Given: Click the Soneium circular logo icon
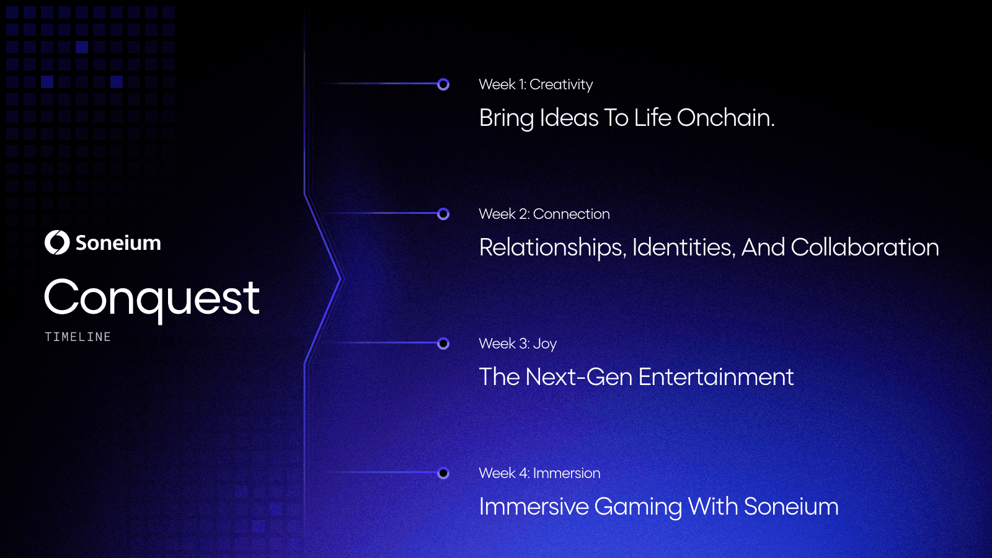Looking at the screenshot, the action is click(57, 242).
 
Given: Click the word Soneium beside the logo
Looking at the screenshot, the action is click(118, 243).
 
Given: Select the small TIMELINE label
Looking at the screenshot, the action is click(77, 337).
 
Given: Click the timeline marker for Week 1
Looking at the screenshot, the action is click(443, 84).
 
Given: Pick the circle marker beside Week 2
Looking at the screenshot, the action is click(443, 214).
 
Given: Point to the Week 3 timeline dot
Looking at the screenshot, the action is click(443, 343).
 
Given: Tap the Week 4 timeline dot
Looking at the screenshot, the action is click(443, 474).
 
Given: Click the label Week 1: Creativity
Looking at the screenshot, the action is click(536, 84).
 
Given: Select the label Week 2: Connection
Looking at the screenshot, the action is click(544, 214).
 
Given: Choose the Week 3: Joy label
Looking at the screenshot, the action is click(518, 344).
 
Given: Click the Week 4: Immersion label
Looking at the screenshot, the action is click(539, 473).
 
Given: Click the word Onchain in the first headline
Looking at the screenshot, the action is click(725, 118).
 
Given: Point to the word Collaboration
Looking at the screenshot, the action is click(865, 247).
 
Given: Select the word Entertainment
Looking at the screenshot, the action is click(716, 377).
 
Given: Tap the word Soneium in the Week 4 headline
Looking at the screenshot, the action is click(791, 507).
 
